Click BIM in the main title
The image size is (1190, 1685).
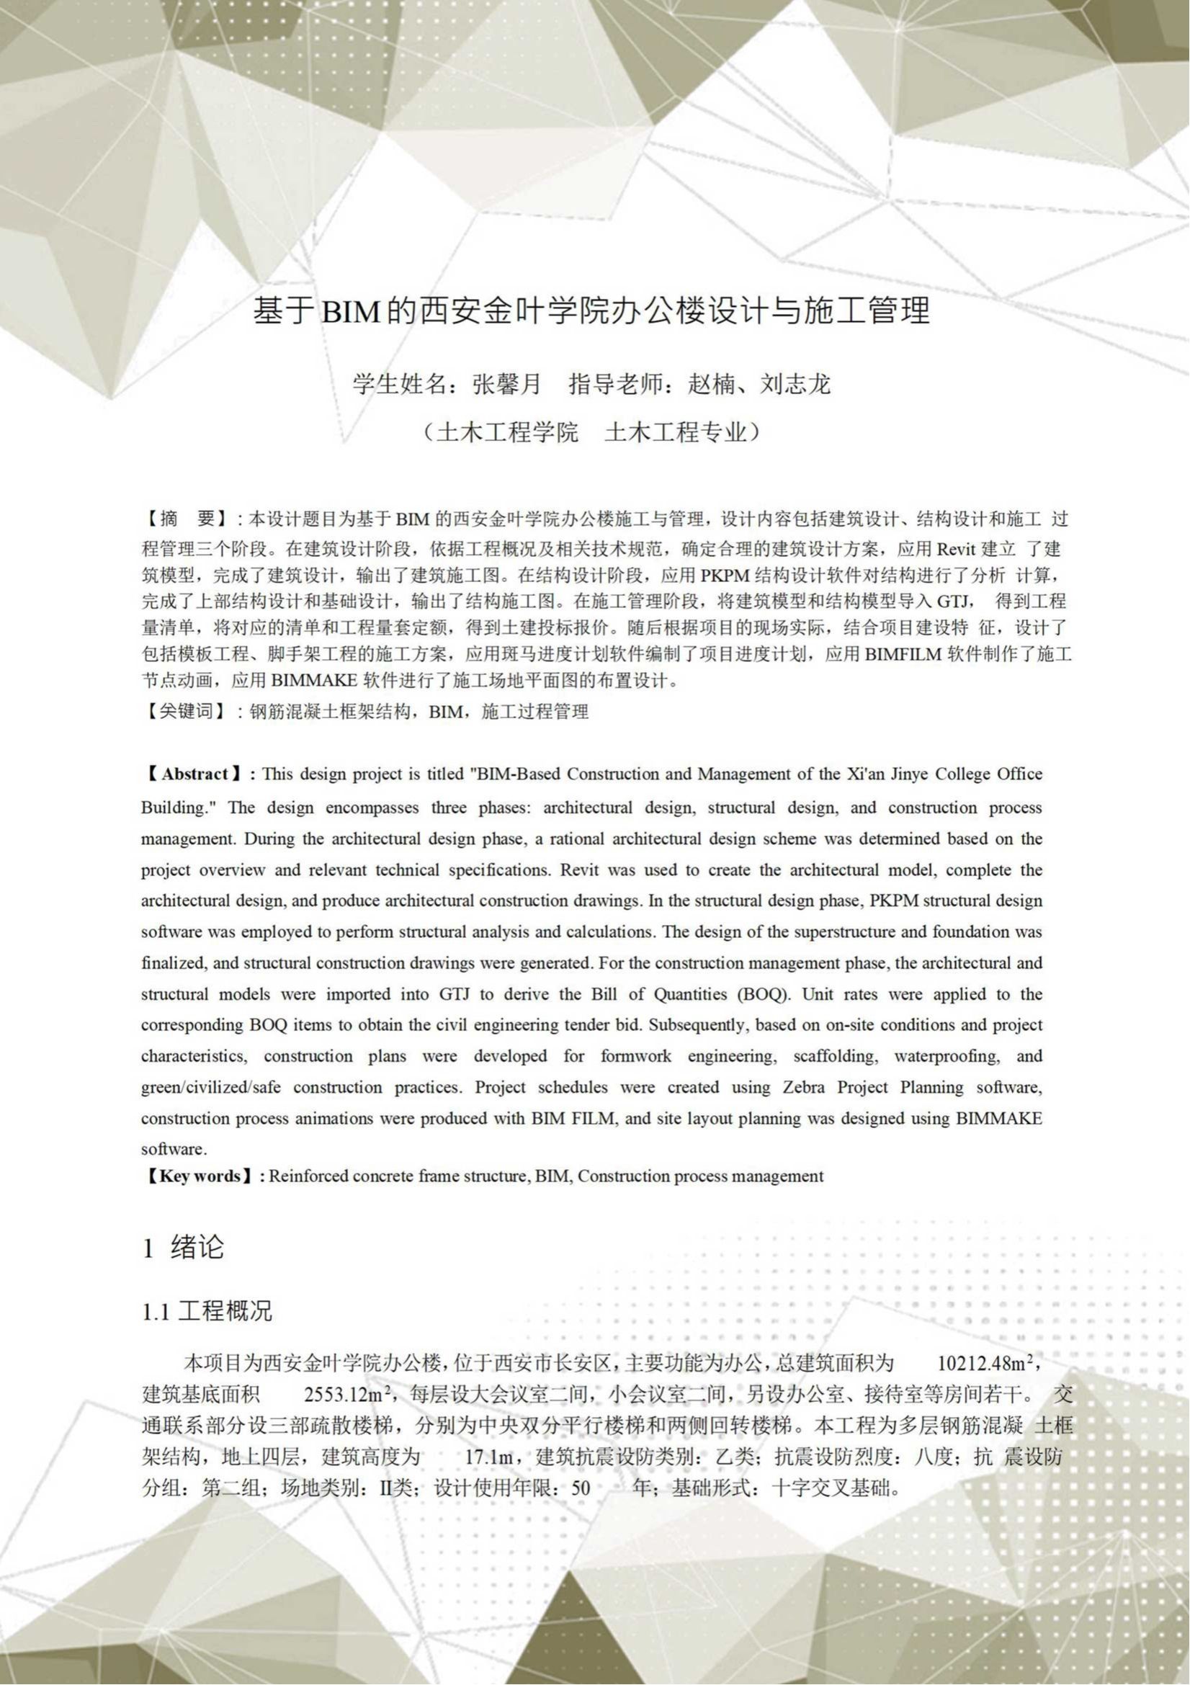350,312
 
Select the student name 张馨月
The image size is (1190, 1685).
506,384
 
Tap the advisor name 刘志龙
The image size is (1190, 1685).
795,384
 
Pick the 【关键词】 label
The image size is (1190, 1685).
187,711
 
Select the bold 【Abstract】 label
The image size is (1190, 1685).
194,774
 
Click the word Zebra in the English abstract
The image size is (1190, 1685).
804,1087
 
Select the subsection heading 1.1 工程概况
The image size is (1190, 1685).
207,1311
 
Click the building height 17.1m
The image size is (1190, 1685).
489,1457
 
